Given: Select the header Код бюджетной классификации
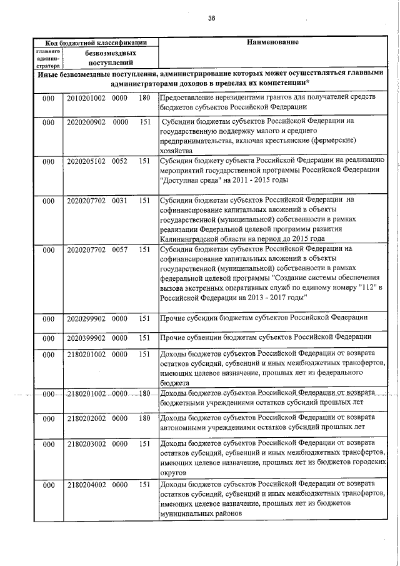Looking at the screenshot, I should pyautogui.click(x=96, y=43).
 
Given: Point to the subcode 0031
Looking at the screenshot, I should pyautogui.click(x=119, y=200).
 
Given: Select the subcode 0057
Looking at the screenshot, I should pyautogui.click(x=119, y=249).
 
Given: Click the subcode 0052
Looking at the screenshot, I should pyautogui.click(x=119, y=161).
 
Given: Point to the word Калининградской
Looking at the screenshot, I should pyautogui.click(x=192, y=239).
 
